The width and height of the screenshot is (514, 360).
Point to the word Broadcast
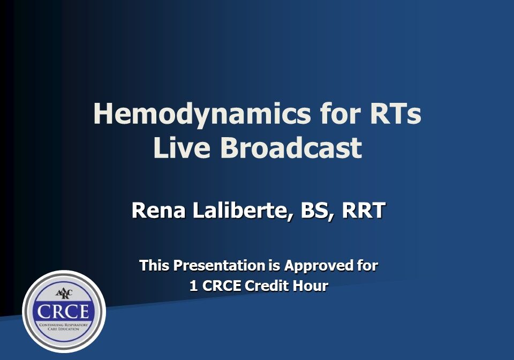coord(292,147)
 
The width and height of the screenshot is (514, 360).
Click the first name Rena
coord(155,211)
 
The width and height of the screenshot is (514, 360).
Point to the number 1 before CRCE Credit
coord(193,286)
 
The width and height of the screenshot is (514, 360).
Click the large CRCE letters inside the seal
coord(64,311)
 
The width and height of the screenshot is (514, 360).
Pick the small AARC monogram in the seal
coord(64,293)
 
